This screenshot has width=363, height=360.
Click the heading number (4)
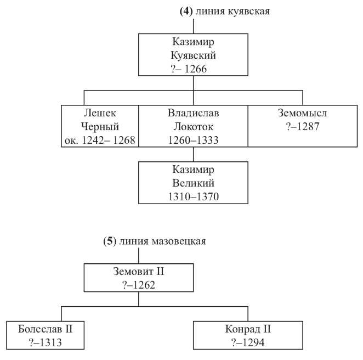[186, 12]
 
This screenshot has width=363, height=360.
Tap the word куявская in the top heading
[249, 12]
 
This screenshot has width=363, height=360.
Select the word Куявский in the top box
[194, 55]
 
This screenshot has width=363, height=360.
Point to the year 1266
[196, 69]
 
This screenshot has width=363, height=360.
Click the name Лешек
[100, 113]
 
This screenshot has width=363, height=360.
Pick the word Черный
[100, 127]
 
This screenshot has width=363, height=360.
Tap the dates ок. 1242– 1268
[100, 140]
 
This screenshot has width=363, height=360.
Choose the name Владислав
[194, 113]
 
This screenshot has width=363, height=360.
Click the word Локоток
[194, 127]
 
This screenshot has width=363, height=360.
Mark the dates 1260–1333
[194, 140]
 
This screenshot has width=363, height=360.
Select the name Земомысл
[302, 113]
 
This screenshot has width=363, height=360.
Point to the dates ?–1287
[302, 127]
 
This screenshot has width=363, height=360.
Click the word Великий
[194, 183]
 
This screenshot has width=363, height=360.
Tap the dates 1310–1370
[194, 197]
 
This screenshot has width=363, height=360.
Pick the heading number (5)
[110, 241]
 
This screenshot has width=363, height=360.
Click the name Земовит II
[138, 272]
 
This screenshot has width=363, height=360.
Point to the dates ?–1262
[138, 285]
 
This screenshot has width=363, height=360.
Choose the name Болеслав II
[45, 329]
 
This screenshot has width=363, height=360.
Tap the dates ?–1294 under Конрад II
[248, 343]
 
